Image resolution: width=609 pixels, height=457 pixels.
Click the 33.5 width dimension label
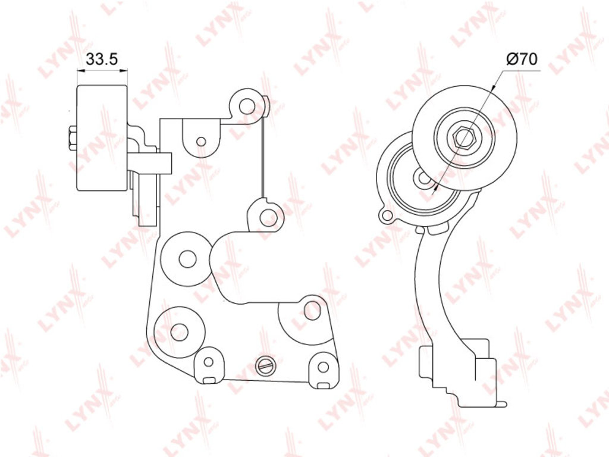tap(101, 60)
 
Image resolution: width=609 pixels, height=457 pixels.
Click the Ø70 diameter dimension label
tap(522, 59)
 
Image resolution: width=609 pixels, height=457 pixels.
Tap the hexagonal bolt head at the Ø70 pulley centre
tap(464, 136)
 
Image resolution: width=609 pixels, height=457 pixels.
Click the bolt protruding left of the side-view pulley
tap(73, 139)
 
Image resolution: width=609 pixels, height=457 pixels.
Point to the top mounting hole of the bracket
tap(246, 105)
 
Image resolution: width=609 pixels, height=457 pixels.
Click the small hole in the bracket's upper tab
tap(201, 141)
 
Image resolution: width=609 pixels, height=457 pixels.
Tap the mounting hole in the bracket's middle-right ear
tap(268, 215)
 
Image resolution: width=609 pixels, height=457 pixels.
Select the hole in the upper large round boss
tap(187, 258)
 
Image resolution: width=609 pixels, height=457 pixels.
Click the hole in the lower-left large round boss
tap(180, 331)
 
